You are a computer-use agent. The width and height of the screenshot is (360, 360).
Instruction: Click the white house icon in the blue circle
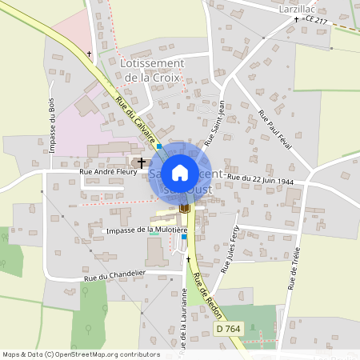click(180, 172)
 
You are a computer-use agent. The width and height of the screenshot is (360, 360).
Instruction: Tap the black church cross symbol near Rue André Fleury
click(142, 162)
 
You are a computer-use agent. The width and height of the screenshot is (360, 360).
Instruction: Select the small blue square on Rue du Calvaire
click(159, 146)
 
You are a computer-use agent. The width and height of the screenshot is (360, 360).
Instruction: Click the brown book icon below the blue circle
click(185, 208)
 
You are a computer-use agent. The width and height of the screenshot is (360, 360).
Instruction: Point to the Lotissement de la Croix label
click(151, 70)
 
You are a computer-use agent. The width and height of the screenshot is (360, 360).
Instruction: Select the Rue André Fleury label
click(107, 171)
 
